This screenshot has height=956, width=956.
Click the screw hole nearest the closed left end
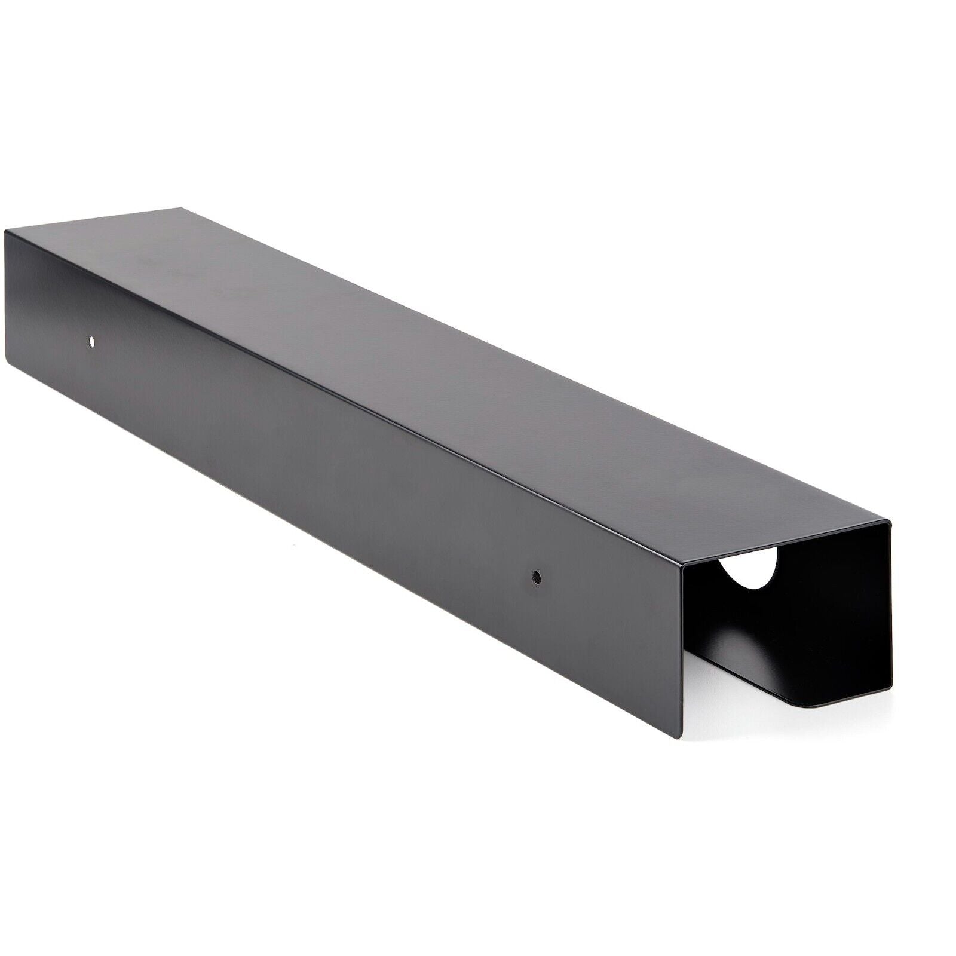(x=91, y=341)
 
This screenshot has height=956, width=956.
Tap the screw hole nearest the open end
(x=536, y=577)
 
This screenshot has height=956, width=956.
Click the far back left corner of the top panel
(x=180, y=209)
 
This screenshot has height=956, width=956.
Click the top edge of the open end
(x=789, y=544)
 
